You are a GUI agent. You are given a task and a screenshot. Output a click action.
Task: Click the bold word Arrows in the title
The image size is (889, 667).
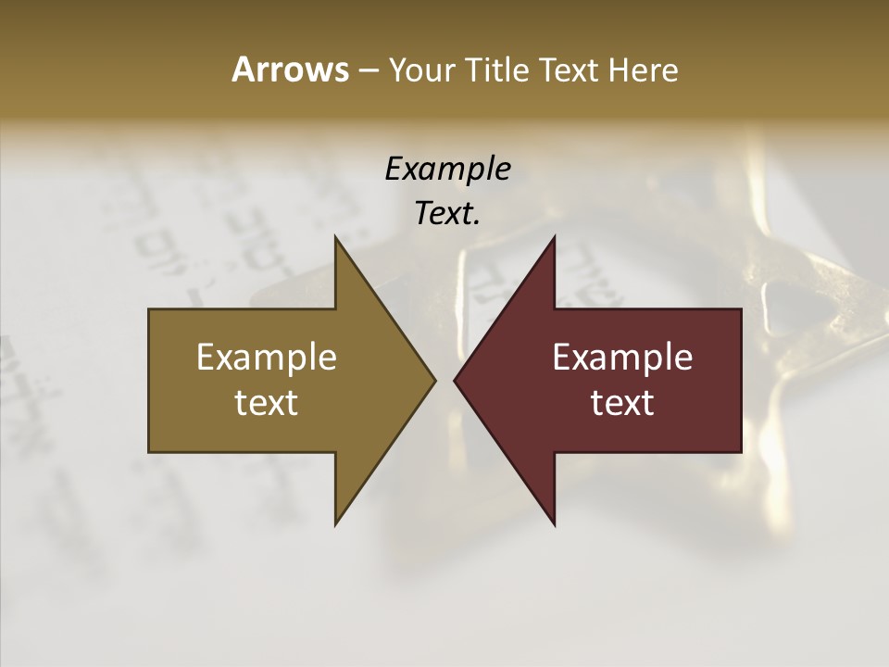pos(290,69)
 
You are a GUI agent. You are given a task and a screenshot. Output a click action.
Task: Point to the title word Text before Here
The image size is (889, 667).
pos(570,70)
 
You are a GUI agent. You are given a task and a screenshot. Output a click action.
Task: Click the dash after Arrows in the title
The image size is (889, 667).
pos(369,71)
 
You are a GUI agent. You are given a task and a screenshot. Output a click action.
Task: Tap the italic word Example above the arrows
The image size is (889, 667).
pos(447,170)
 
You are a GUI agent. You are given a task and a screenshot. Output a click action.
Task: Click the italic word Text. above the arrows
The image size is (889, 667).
pos(447,214)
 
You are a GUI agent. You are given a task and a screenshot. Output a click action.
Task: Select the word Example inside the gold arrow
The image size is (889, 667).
pos(267,358)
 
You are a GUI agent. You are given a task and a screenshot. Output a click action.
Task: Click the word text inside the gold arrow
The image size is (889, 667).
pos(267,402)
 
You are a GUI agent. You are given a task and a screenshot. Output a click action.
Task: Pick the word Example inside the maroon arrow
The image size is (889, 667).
pos(622,358)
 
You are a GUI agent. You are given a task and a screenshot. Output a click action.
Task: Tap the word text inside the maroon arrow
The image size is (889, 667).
pos(622,402)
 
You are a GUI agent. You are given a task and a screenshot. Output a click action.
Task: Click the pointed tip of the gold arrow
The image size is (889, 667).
pos(434,380)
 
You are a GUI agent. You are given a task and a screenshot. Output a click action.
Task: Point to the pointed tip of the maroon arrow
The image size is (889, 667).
pos(455,380)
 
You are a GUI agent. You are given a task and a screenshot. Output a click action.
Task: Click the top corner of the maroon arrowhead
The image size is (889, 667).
pos(554,237)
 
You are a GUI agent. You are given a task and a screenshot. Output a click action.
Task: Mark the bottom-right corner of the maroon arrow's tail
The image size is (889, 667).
pos(741,451)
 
